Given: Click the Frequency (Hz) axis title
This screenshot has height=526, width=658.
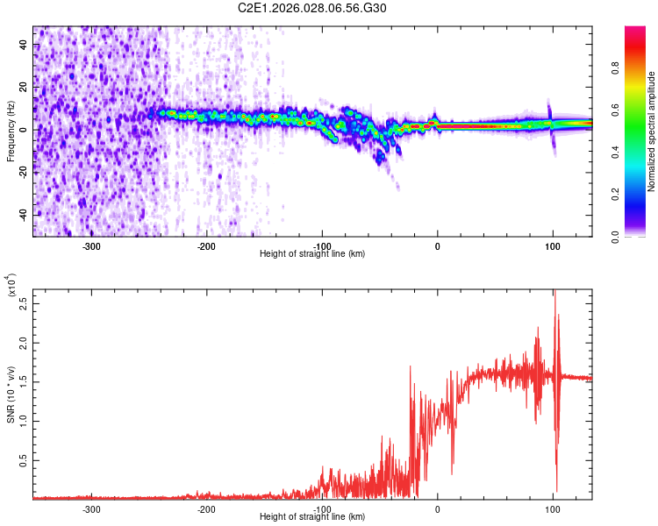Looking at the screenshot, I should [x=11, y=131].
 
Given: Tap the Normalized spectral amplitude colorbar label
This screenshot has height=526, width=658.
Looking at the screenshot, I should [x=651, y=132].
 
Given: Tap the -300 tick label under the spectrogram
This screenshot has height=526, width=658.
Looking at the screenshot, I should [x=91, y=246].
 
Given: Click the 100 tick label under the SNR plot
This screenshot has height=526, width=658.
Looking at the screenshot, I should [x=553, y=509].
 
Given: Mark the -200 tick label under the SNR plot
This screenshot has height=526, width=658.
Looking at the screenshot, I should [x=207, y=509].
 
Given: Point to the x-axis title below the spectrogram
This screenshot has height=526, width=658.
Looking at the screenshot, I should [x=312, y=254].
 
